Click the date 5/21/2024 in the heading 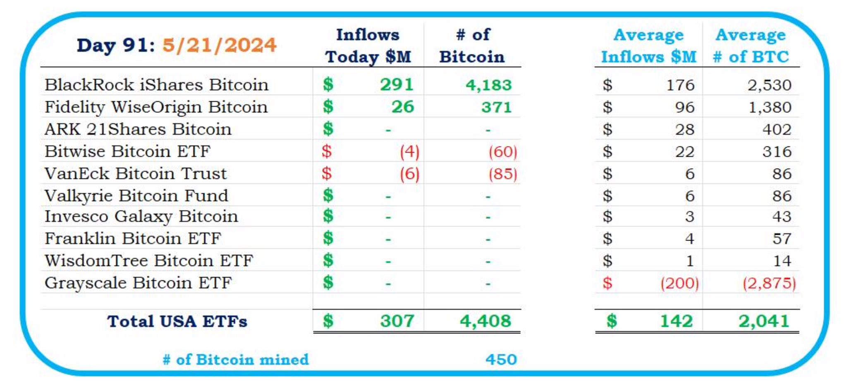219,45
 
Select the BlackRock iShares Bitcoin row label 156,85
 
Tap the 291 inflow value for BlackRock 397,85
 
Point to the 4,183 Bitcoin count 488,85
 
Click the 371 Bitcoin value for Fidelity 496,107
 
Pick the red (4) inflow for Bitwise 409,152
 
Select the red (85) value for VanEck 502,174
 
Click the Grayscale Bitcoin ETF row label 138,283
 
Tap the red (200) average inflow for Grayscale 679,283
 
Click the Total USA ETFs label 177,321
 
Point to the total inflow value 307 397,321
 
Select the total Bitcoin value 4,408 486,321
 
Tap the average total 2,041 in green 764,321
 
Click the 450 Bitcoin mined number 501,360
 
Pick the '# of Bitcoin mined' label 236,360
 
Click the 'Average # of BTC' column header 751,45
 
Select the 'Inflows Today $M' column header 368,45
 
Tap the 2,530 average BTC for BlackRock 769,85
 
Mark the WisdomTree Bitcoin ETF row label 148,261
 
